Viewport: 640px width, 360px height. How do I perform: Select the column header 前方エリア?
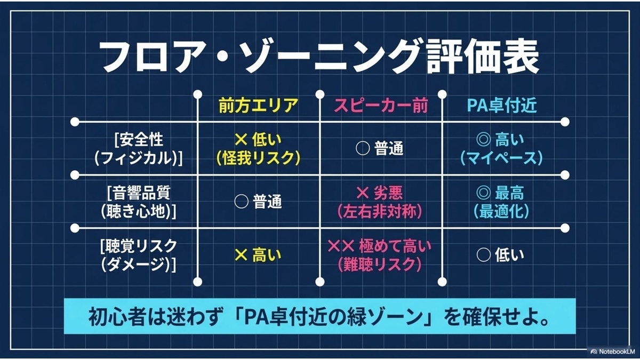258,106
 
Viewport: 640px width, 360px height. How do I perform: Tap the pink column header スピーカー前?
381,106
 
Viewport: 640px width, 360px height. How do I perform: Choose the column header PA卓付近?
502,106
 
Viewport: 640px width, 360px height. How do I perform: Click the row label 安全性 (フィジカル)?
138,149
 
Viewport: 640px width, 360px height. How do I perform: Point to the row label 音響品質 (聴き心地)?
138,202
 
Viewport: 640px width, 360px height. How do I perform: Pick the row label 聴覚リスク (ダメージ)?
138,255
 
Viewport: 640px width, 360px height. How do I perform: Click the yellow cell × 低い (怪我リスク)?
258,149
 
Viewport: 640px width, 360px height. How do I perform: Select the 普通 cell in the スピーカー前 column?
380,149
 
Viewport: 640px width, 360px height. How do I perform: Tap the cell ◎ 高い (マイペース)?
501,149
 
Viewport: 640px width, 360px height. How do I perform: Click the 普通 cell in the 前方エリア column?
258,202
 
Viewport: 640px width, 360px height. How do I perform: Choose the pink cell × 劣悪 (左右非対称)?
380,202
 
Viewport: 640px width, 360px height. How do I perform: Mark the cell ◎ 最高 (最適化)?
501,202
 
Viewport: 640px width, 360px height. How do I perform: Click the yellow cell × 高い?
258,255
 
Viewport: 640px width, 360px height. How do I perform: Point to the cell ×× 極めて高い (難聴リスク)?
380,255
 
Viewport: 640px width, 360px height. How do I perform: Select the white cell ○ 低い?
501,255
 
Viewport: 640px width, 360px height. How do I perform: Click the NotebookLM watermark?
612,351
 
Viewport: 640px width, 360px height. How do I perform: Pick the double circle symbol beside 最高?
483,194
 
